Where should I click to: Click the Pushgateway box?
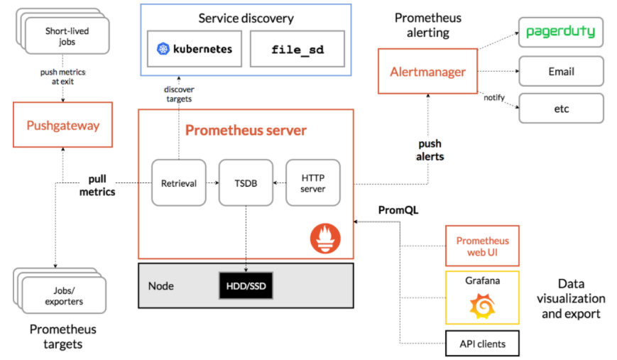[x=63, y=126]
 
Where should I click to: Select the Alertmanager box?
[x=427, y=72]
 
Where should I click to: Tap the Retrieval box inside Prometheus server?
[x=179, y=183]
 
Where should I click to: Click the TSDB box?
[x=246, y=183]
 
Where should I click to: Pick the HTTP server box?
[x=313, y=183]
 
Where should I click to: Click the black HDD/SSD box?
[x=246, y=285]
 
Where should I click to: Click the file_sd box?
[x=297, y=49]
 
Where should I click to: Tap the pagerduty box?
[x=561, y=33]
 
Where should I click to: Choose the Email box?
[x=561, y=71]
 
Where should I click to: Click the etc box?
[x=561, y=109]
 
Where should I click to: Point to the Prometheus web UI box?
[x=482, y=246]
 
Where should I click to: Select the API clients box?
[x=482, y=344]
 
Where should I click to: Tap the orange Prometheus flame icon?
[x=325, y=237]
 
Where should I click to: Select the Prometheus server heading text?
[x=246, y=130]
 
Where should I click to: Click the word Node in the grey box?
[x=161, y=286]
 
